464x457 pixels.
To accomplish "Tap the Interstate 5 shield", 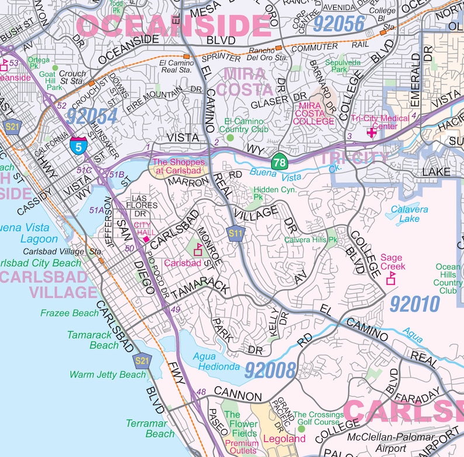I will click(78, 144).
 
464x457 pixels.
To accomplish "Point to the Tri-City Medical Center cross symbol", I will click(370, 132).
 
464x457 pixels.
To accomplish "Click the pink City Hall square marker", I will click(146, 239).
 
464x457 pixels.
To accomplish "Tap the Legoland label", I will click(285, 438).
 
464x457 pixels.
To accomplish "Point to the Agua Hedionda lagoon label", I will click(219, 362).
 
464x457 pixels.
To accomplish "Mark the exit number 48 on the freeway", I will click(202, 392).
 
